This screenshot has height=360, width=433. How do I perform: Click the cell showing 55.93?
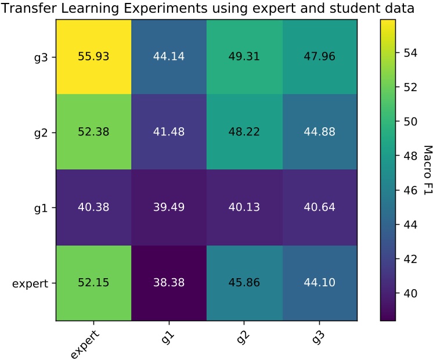click(93, 56)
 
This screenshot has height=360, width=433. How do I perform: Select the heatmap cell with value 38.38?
click(169, 283)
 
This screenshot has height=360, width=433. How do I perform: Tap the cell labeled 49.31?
click(244, 56)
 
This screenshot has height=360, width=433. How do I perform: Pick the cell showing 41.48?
click(169, 132)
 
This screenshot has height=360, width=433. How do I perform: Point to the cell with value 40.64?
click(320, 207)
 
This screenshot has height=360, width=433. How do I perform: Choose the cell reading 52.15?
click(93, 283)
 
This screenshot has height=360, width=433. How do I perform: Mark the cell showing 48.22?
click(244, 132)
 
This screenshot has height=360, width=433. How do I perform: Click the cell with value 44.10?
click(320, 283)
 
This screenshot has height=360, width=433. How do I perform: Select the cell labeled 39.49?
click(169, 207)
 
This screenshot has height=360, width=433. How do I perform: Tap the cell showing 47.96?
click(320, 56)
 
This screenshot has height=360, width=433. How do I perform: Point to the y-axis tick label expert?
click(30, 283)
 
